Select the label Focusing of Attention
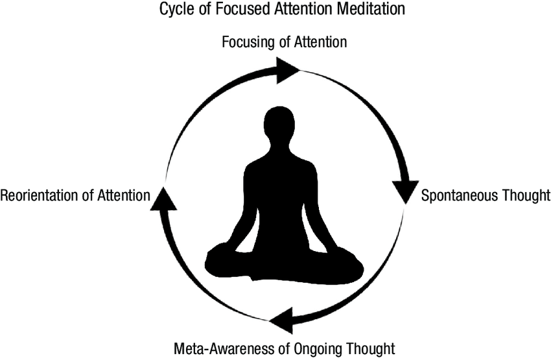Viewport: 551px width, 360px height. (x=284, y=43)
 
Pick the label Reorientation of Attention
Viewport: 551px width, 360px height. (x=75, y=195)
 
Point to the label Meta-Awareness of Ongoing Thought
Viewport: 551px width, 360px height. (x=284, y=348)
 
